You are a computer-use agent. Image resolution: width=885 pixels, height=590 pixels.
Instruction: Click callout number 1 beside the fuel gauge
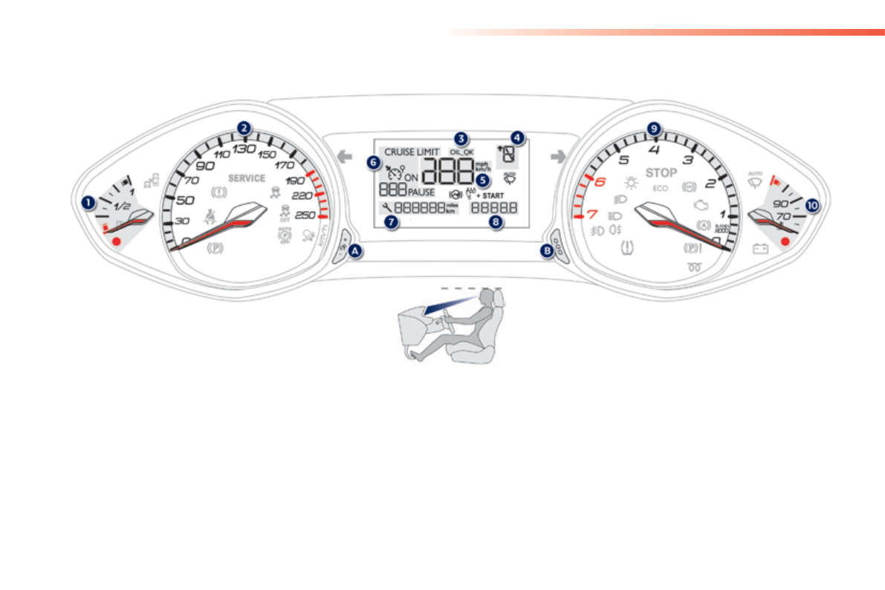pyautogui.click(x=88, y=201)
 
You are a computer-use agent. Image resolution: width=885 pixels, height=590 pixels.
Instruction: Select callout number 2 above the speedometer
pyautogui.click(x=244, y=128)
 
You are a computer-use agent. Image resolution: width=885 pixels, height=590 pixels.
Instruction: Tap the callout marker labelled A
pyautogui.click(x=355, y=251)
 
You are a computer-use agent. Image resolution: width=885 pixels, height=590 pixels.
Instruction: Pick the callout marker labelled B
pyautogui.click(x=548, y=251)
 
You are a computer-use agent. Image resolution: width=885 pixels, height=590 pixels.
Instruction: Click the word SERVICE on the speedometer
pyautogui.click(x=247, y=178)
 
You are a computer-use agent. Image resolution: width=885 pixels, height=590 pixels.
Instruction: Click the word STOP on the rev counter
pyautogui.click(x=661, y=173)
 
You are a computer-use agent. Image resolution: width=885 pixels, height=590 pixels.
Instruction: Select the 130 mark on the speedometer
pyautogui.click(x=244, y=148)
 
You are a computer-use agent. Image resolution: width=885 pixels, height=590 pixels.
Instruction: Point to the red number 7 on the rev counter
pyautogui.click(x=592, y=215)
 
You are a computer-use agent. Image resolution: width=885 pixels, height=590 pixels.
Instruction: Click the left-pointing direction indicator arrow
pyautogui.click(x=343, y=155)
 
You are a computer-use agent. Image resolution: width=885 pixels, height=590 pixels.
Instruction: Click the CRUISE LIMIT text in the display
pyautogui.click(x=412, y=152)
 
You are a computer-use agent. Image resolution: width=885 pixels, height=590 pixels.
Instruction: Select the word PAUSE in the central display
pyautogui.click(x=421, y=192)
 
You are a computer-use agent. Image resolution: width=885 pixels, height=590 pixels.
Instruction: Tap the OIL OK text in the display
pyautogui.click(x=461, y=152)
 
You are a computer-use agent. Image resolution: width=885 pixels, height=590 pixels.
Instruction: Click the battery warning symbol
pyautogui.click(x=760, y=249)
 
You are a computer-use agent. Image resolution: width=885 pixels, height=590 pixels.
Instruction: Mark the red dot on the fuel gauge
pyautogui.click(x=116, y=241)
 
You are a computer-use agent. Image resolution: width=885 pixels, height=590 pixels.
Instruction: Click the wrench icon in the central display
pyautogui.click(x=386, y=208)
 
